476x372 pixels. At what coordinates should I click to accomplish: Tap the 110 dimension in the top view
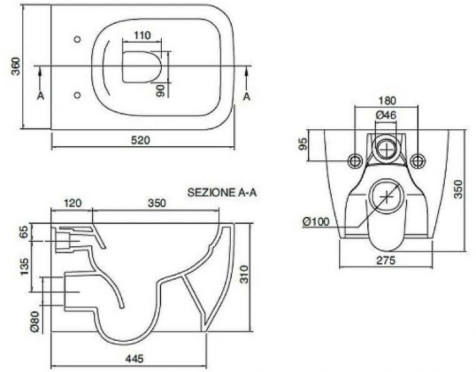142,35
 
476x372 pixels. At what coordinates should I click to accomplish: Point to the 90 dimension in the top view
160,90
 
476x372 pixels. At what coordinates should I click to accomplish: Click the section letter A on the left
41,97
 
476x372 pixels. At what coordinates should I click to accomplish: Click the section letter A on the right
247,97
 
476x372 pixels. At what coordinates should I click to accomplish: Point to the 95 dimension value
303,145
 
